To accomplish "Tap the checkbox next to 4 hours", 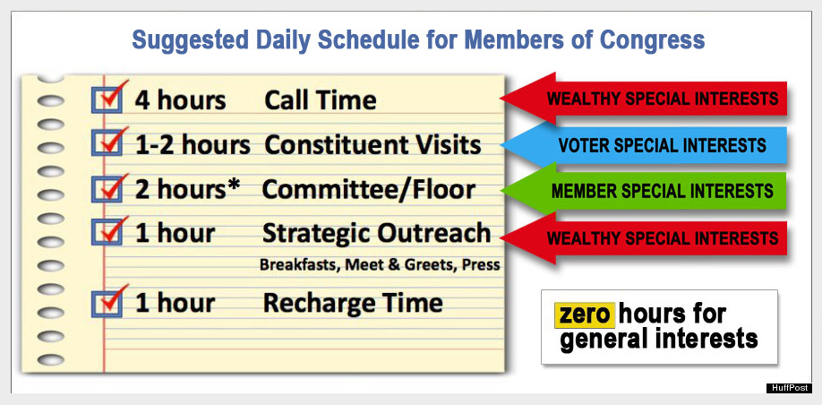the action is [x=107, y=99].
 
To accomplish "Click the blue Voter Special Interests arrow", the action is [x=644, y=145].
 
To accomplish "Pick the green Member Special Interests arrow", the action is [x=644, y=190].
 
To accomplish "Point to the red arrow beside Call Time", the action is [x=644, y=98].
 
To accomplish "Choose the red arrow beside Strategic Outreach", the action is [x=644, y=238].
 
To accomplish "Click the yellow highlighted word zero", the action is [x=585, y=315].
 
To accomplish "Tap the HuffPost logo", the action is [x=789, y=388].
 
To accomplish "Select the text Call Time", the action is [x=321, y=100].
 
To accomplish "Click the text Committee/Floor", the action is [x=369, y=190].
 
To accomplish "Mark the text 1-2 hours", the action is [x=193, y=145].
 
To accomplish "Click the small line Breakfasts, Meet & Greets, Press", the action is [x=380, y=265].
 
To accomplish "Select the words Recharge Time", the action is [x=353, y=303].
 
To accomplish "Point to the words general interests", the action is [x=658, y=339].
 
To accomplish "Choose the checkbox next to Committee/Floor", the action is [x=107, y=189].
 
